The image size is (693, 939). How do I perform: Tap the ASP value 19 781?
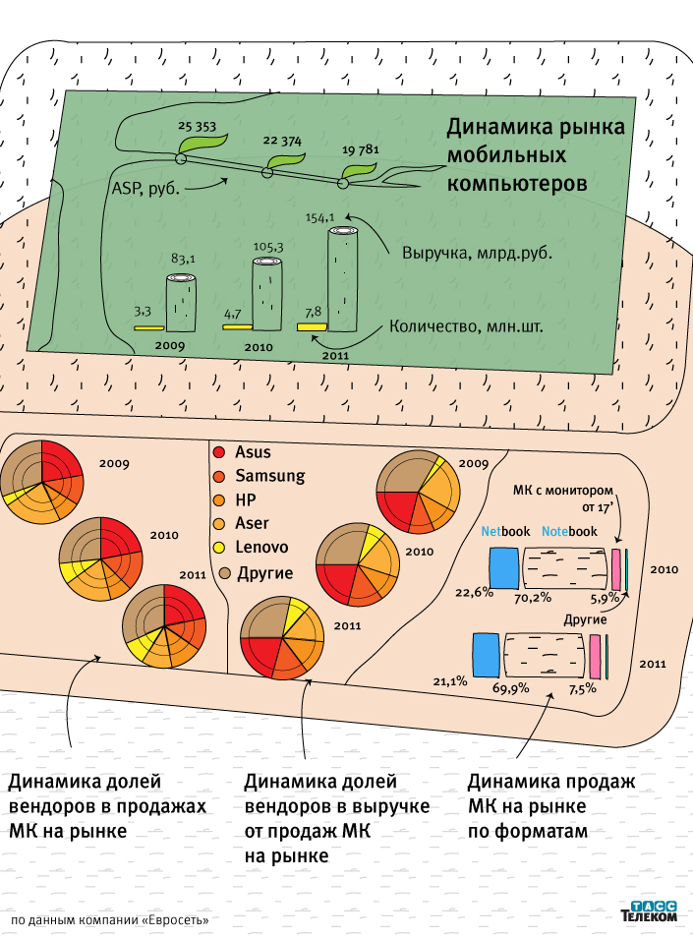(x=360, y=149)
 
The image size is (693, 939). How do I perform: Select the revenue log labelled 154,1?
(x=343, y=280)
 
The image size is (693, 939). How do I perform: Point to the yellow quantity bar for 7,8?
(x=312, y=325)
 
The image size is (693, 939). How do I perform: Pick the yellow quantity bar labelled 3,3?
(x=149, y=327)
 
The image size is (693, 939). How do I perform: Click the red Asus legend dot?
(x=219, y=452)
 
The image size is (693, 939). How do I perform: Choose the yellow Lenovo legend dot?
(x=219, y=547)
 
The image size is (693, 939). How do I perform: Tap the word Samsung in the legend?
(x=270, y=476)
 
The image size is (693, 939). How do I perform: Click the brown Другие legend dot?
(x=224, y=572)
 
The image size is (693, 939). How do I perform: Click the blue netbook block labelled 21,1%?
(x=486, y=654)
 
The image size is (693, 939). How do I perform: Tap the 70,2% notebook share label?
(x=555, y=597)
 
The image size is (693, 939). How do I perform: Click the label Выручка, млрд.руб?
(x=477, y=252)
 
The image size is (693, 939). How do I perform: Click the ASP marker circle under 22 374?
(x=266, y=173)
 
